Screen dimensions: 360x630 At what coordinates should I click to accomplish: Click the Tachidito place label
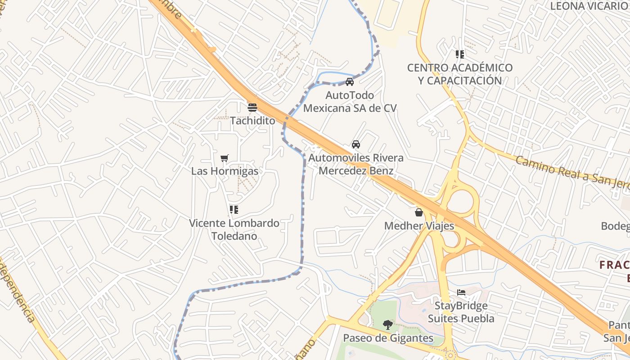tap(252, 121)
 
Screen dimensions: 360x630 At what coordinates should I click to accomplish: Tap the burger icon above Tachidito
tap(252, 108)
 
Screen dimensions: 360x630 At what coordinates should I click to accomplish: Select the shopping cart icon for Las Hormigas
tap(225, 158)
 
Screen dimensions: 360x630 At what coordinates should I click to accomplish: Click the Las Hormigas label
tap(225, 171)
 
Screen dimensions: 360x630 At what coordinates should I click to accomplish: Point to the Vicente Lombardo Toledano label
tap(234, 229)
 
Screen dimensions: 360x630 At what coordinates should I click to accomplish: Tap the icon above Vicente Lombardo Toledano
tap(234, 210)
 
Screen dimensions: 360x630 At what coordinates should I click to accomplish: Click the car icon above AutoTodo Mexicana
tap(350, 82)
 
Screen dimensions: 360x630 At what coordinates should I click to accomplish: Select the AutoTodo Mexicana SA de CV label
tap(350, 102)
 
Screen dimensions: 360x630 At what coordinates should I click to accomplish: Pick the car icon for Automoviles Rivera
tap(356, 144)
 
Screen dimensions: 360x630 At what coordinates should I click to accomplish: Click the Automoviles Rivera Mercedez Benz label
tap(356, 164)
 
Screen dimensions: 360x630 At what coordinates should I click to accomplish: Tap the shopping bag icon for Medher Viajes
tap(419, 212)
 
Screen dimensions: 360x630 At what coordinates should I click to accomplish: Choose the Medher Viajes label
tap(419, 226)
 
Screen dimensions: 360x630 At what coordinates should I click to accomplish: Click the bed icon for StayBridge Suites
tap(461, 292)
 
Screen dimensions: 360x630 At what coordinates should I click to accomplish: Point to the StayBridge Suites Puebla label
tap(461, 312)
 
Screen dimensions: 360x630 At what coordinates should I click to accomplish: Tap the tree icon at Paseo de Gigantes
tap(387, 325)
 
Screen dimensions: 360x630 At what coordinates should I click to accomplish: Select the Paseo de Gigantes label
tap(388, 338)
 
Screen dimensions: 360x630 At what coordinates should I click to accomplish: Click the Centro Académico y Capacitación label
tap(460, 74)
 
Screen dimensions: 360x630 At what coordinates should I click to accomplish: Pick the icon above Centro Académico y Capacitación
tap(460, 54)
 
